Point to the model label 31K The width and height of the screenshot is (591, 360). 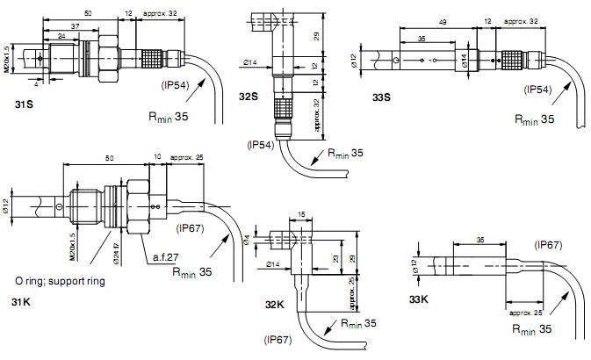(x=21, y=301)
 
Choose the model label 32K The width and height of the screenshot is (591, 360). (x=276, y=305)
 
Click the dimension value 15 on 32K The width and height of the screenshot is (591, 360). (x=301, y=214)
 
